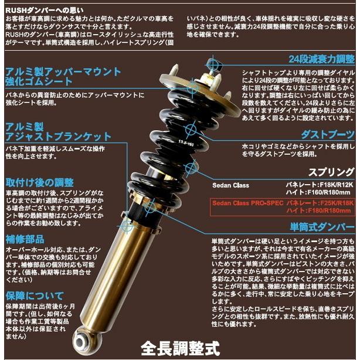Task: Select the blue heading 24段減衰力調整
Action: tap(322, 59)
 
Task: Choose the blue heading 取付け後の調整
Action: tap(39, 181)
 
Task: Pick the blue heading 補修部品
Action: tap(26, 239)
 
